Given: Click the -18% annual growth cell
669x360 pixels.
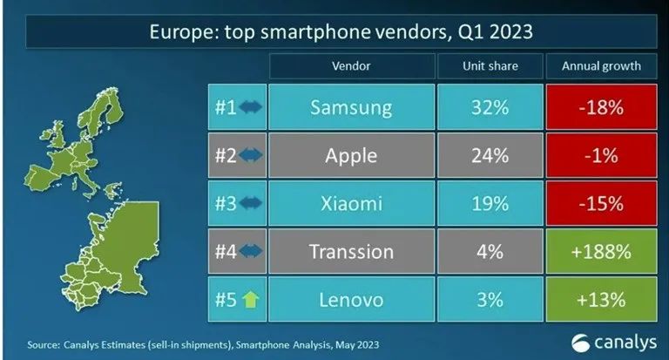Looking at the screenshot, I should (x=601, y=108).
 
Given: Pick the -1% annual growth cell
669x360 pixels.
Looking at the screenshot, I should (x=601, y=156).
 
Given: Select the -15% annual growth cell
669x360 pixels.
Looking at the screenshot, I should (x=601, y=204).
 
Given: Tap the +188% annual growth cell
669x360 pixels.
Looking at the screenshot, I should (x=601, y=252).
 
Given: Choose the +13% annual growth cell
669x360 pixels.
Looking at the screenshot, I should (x=601, y=300).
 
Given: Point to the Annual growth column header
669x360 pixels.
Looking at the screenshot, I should (x=601, y=65).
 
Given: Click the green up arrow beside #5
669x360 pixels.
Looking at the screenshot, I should (x=249, y=301).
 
